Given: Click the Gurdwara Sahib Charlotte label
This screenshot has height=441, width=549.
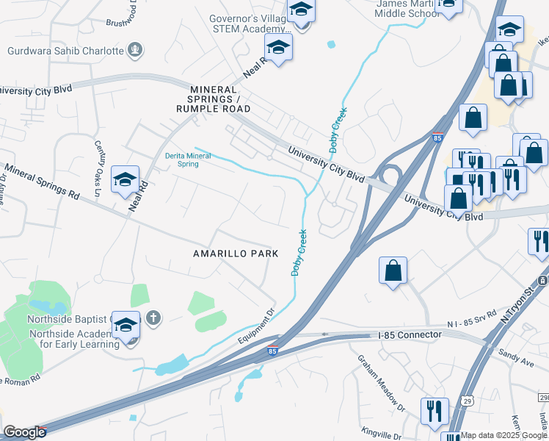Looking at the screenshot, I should point(65,51).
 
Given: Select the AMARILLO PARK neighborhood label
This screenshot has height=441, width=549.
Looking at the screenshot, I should point(236,254).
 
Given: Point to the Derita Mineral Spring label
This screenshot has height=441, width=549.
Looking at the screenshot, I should point(171,159).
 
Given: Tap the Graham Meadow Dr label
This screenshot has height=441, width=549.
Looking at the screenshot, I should point(381,382).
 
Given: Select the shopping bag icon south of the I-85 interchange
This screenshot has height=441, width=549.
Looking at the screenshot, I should point(393,270).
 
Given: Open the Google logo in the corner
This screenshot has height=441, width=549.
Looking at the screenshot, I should point(24,432).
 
